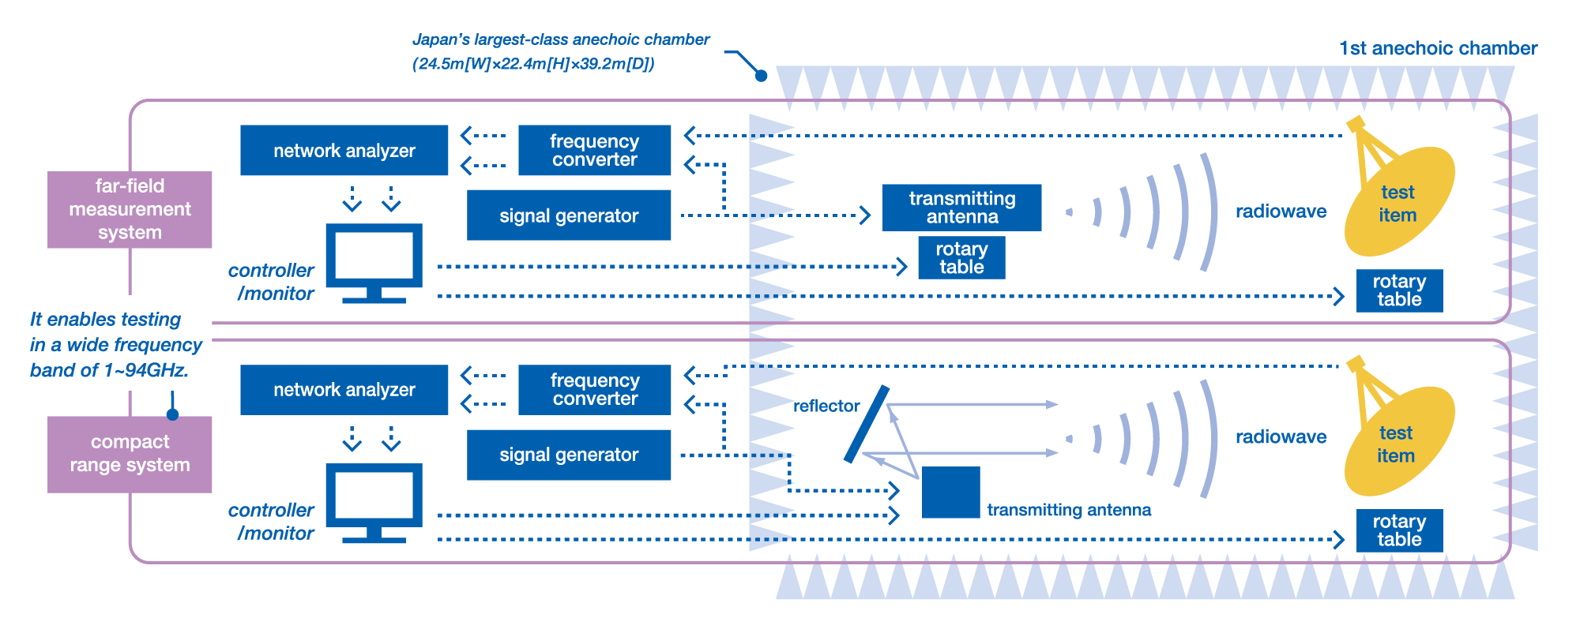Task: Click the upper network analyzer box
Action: pyautogui.click(x=344, y=150)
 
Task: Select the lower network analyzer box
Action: pyautogui.click(x=344, y=389)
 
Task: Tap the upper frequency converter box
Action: pyautogui.click(x=594, y=150)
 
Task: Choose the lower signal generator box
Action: pyautogui.click(x=569, y=455)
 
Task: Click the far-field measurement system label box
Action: pyautogui.click(x=130, y=209)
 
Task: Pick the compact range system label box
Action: pyautogui.click(x=130, y=454)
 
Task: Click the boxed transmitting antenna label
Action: pyautogui.click(x=961, y=208)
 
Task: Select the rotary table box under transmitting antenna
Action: pyautogui.click(x=961, y=257)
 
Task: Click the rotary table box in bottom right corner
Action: pyautogui.click(x=1399, y=530)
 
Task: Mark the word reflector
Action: pyautogui.click(x=826, y=406)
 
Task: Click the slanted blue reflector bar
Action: pyautogui.click(x=867, y=425)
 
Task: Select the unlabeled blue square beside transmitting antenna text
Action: pyautogui.click(x=950, y=493)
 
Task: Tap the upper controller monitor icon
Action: pyautogui.click(x=374, y=260)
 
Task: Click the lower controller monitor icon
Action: pyautogui.click(x=374, y=500)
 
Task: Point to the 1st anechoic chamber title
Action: pyautogui.click(x=1437, y=49)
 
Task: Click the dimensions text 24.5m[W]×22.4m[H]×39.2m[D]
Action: pyautogui.click(x=533, y=64)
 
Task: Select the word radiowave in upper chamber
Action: pyautogui.click(x=1281, y=212)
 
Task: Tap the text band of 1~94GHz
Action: pyautogui.click(x=109, y=370)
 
